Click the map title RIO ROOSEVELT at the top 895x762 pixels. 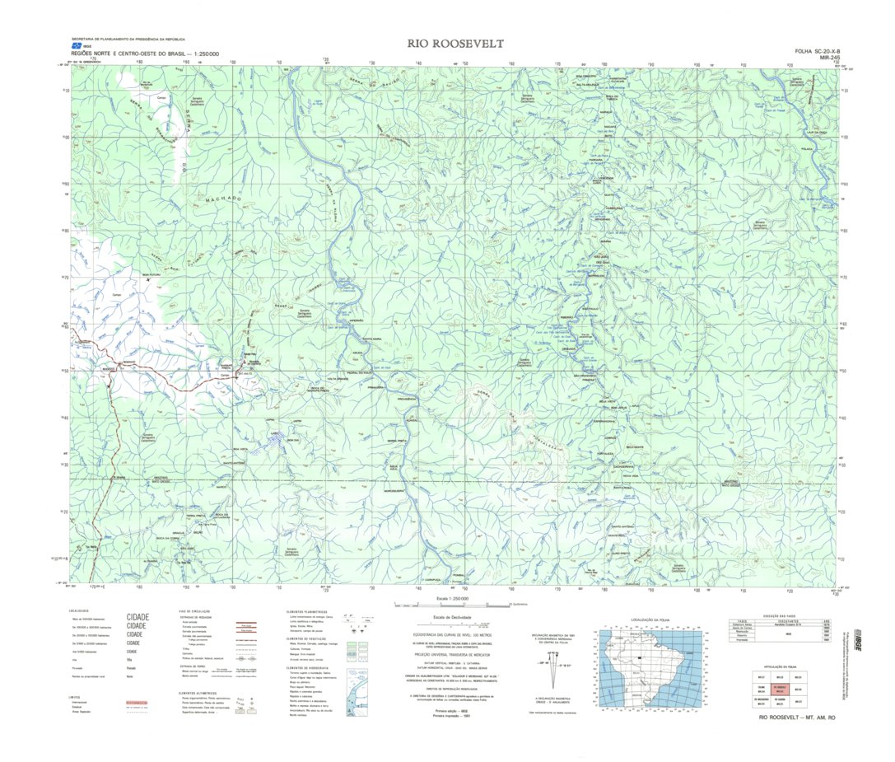tap(454, 43)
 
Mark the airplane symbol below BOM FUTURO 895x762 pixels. tap(148, 281)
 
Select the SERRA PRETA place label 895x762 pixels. tap(387, 442)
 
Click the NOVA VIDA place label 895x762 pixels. tap(631, 476)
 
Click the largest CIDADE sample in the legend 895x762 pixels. tap(138, 616)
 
